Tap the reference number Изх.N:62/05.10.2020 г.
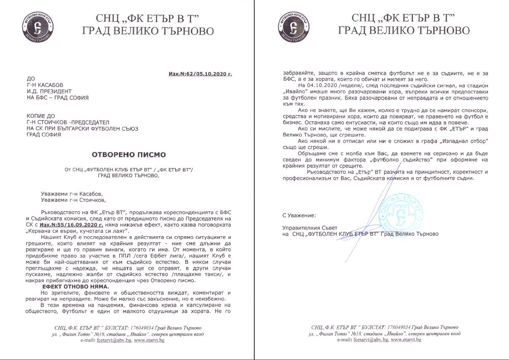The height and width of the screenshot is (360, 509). (200, 74)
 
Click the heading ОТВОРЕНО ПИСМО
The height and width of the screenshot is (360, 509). (129, 155)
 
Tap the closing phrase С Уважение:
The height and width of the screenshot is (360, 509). (299, 215)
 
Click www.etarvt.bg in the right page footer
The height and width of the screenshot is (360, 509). (406, 340)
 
